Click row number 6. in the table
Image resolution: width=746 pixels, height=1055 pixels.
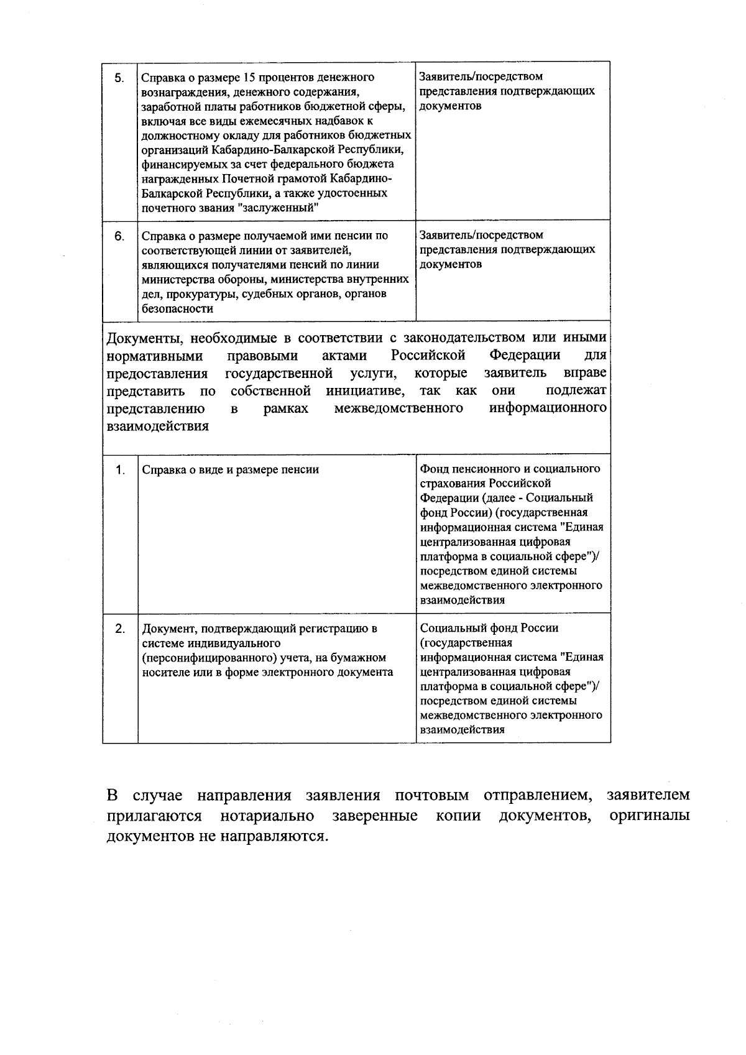[119, 236]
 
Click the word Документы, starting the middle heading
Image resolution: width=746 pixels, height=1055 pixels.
[144, 338]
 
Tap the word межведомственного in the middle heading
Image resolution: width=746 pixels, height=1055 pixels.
[398, 408]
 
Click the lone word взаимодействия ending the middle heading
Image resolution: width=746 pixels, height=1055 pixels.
[158, 426]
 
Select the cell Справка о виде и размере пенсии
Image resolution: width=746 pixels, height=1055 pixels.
[231, 470]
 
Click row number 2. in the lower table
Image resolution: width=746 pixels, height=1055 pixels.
[119, 628]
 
